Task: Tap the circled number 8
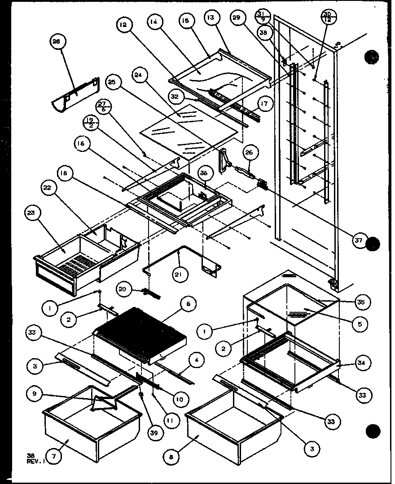click(171, 456)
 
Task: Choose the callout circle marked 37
click(358, 241)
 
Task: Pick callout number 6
click(188, 305)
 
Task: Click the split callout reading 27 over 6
click(103, 108)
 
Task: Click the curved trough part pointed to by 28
click(76, 97)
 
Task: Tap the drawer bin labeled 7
click(90, 427)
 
